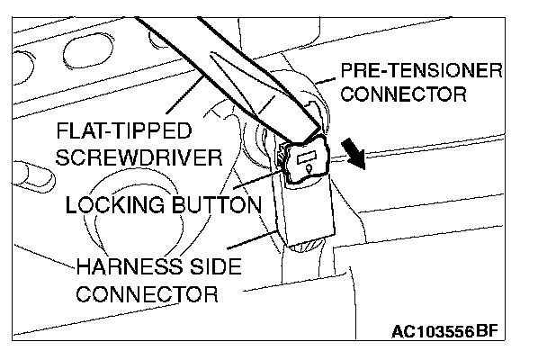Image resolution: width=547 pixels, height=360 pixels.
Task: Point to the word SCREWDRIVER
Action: coord(139,157)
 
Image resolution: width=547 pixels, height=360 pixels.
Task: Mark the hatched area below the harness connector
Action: coord(306,244)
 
